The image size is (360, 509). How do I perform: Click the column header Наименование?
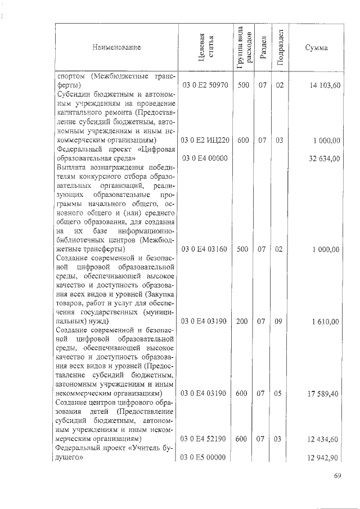click(x=117, y=47)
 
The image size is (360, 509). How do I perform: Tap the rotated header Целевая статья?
click(x=204, y=47)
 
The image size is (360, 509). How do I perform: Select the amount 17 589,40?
click(x=323, y=394)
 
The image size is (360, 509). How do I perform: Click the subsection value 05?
click(x=279, y=394)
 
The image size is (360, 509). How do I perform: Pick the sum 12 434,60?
click(x=323, y=439)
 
